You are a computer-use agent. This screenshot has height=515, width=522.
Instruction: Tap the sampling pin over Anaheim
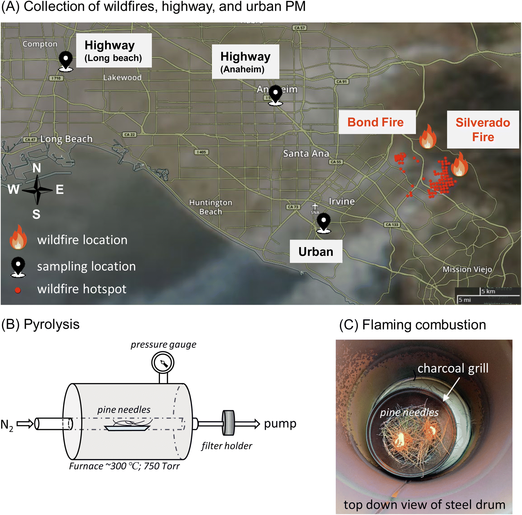point(276,94)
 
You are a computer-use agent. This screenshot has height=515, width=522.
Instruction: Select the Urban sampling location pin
point(323,222)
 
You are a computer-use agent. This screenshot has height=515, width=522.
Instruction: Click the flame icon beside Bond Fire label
point(428,137)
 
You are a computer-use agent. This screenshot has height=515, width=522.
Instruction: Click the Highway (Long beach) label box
point(114,50)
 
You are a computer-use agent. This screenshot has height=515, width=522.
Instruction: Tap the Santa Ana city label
point(306,154)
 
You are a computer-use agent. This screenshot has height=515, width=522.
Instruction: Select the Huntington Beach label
point(211,207)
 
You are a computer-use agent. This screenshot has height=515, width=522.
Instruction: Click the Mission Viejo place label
point(467,269)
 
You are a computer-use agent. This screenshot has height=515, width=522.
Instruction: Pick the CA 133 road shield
point(392,225)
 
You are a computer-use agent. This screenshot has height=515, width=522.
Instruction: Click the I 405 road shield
point(201,152)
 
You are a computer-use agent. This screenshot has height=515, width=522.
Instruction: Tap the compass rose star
point(37,190)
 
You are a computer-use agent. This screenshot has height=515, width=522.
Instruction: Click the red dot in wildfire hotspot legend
point(18,290)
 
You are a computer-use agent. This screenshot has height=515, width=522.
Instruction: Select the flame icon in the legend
point(18,238)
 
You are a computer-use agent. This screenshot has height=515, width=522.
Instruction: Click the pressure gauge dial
point(163,363)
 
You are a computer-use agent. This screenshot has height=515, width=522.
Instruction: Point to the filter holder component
point(228,423)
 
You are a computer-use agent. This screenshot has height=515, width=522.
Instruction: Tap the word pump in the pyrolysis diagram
point(280,423)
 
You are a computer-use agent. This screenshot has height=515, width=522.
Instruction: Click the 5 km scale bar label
point(488,291)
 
